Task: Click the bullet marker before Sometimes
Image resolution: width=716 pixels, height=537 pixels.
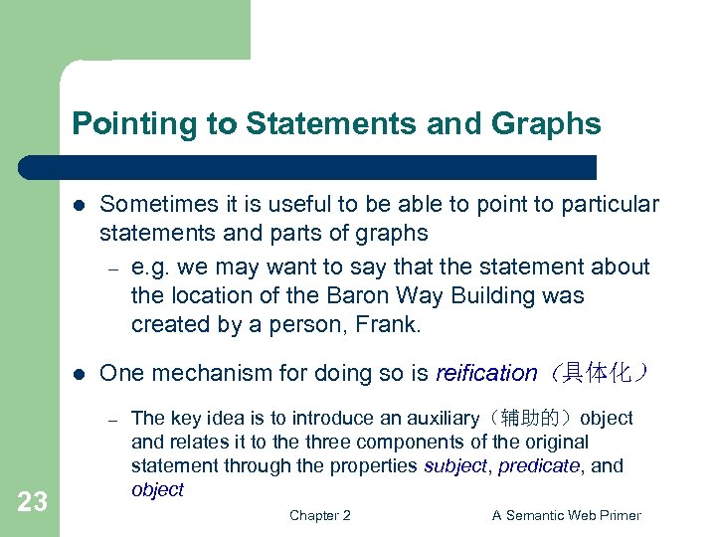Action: click(x=80, y=205)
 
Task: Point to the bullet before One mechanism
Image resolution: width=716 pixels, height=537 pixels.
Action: click(x=80, y=374)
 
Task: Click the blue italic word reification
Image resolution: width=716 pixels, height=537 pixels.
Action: click(x=486, y=374)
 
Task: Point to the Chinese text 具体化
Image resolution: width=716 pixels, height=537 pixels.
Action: click(x=598, y=374)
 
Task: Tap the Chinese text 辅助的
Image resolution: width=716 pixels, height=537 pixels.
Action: click(x=543, y=419)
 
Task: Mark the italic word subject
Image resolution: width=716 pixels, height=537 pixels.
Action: click(x=455, y=466)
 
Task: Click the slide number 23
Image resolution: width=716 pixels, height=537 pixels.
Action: click(x=33, y=502)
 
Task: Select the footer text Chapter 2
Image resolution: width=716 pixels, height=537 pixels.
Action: click(x=319, y=515)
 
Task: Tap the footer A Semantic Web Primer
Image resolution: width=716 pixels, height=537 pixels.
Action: click(x=566, y=515)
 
